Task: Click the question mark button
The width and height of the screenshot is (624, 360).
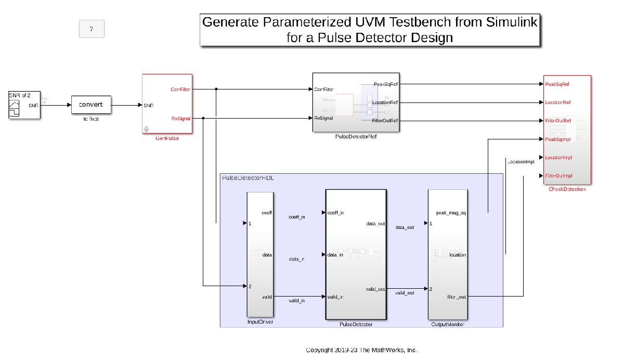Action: (92, 29)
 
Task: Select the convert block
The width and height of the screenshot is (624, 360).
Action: (91, 105)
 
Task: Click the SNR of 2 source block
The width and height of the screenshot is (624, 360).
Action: (24, 105)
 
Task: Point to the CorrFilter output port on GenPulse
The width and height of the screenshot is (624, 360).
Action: (181, 89)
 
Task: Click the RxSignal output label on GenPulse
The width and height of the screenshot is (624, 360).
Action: (181, 118)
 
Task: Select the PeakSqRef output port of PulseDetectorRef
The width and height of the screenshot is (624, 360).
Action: (386, 84)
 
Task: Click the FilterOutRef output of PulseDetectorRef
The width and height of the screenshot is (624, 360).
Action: (385, 121)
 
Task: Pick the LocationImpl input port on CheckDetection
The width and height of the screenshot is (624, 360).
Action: (557, 158)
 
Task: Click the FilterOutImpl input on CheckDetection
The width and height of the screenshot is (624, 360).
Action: (558, 176)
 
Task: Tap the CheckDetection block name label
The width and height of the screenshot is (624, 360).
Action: (567, 189)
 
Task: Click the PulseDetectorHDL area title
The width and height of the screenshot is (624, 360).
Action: (248, 178)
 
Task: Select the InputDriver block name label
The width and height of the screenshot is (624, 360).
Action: (260, 322)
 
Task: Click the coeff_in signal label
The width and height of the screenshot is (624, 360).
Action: (296, 217)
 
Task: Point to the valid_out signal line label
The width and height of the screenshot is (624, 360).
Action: (405, 293)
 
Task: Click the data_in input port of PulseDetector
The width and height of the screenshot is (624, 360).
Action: (335, 255)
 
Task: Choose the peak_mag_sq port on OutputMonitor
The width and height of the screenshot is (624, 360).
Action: (450, 212)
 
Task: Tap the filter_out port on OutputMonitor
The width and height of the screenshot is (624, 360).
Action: (457, 297)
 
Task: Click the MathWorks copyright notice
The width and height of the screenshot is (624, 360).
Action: (361, 350)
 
